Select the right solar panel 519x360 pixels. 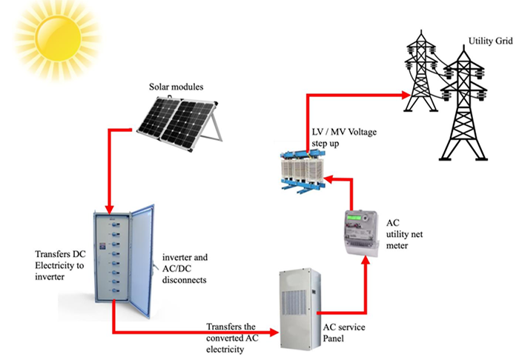coord(194,119)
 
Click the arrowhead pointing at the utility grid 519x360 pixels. coord(407,96)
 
